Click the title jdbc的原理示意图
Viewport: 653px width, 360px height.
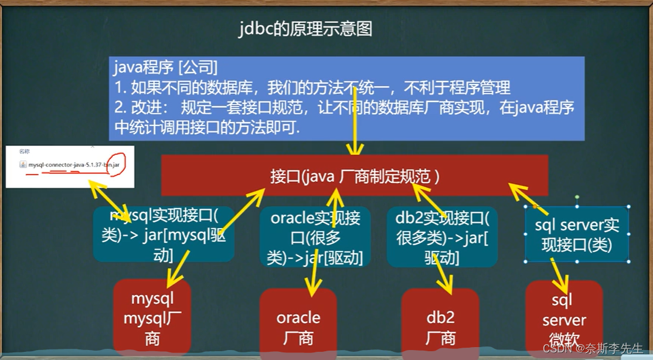[305, 29]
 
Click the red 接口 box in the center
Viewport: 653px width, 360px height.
[355, 175]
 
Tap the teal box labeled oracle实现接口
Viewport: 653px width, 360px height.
[315, 237]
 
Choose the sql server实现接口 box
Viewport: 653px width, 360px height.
[577, 234]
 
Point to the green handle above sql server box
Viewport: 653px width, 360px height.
[577, 197]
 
